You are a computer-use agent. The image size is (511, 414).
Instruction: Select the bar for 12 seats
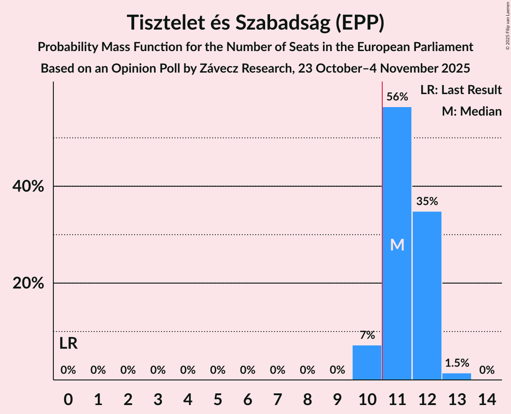click(427, 296)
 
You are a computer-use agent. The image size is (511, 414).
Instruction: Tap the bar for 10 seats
click(367, 362)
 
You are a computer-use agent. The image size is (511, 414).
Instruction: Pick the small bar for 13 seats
click(457, 376)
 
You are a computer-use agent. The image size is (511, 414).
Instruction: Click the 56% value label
click(397, 97)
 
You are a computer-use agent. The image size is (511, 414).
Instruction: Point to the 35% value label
click(427, 201)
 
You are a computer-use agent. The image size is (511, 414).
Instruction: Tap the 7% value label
click(367, 335)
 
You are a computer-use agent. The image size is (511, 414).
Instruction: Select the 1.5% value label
click(457, 363)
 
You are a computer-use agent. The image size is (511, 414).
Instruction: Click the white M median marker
click(397, 245)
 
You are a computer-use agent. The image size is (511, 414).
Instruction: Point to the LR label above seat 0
click(68, 344)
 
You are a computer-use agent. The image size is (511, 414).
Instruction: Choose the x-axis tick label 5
click(218, 399)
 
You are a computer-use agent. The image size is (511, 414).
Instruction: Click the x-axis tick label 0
click(68, 399)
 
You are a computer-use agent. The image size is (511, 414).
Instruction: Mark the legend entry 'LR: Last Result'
click(461, 90)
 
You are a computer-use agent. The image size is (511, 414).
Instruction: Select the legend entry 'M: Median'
click(472, 111)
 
